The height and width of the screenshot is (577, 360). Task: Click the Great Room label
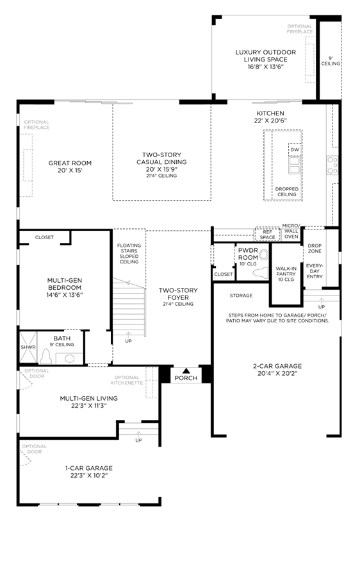point(70,163)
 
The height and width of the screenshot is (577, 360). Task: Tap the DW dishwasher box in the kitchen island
point(295,149)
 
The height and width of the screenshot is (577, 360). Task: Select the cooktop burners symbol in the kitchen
point(332,165)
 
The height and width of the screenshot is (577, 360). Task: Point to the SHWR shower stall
point(28,347)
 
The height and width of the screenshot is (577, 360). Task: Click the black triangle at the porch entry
point(186,371)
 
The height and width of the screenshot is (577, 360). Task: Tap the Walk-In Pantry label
point(286,274)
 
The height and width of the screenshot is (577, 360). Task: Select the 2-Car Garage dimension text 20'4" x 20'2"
point(277,374)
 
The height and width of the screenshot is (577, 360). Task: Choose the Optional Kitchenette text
point(126,380)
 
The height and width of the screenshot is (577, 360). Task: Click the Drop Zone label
point(315,248)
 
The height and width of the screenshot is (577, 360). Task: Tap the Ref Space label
point(267,235)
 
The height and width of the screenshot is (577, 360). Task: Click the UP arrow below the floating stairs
point(128,335)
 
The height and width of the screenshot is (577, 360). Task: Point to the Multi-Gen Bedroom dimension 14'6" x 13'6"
point(65,295)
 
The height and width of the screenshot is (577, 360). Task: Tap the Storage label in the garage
point(241,296)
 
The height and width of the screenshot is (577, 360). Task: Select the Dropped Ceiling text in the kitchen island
point(287,192)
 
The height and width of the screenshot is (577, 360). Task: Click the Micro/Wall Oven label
point(291,231)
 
